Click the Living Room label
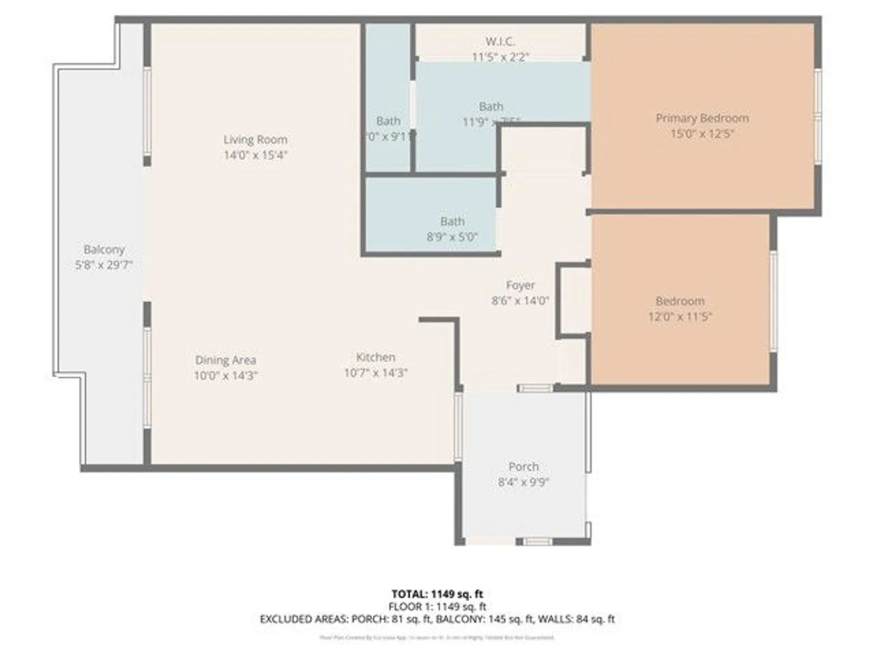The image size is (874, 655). click(x=255, y=140)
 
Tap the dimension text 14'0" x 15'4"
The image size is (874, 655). click(x=255, y=155)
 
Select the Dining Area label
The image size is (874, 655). click(x=225, y=360)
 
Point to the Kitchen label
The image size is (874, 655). click(x=375, y=357)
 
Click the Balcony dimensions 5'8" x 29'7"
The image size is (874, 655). click(x=104, y=265)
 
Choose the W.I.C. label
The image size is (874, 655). click(x=500, y=41)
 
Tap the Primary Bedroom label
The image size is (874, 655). click(x=702, y=118)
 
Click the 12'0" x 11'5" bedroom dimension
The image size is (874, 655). click(x=680, y=317)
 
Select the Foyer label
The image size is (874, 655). click(x=520, y=285)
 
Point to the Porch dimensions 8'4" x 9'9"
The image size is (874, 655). click(x=523, y=482)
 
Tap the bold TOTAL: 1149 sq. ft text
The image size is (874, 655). click(x=437, y=594)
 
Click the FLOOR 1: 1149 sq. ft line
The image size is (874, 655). click(x=437, y=607)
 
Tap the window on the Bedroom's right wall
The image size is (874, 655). click(x=773, y=301)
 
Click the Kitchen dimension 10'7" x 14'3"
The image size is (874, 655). click(x=375, y=373)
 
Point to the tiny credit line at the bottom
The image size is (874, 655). click(x=437, y=638)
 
